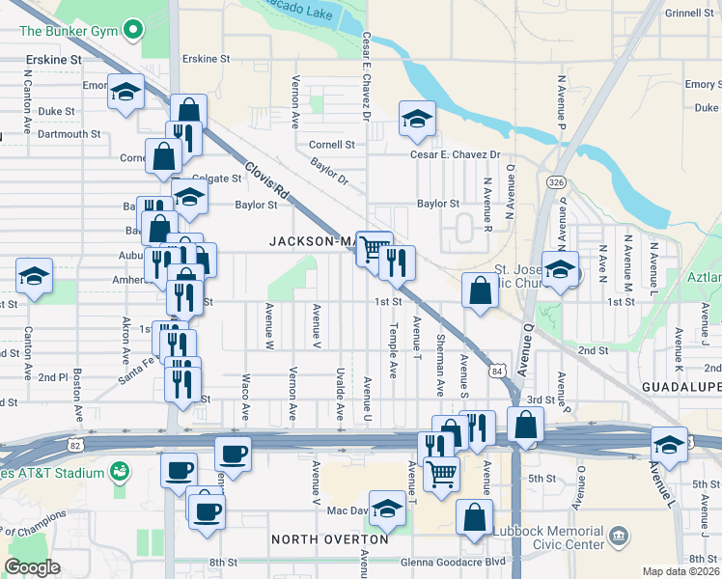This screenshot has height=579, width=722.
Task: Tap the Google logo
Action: click(32, 567)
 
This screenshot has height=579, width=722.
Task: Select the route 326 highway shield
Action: click(556, 181)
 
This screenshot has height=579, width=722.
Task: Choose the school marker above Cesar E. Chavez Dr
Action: click(417, 119)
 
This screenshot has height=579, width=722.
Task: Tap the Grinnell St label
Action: click(688, 14)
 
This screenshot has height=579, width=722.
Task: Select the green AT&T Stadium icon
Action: click(120, 472)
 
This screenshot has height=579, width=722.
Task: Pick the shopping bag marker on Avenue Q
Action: click(524, 424)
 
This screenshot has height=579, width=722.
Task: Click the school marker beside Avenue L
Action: click(669, 444)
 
